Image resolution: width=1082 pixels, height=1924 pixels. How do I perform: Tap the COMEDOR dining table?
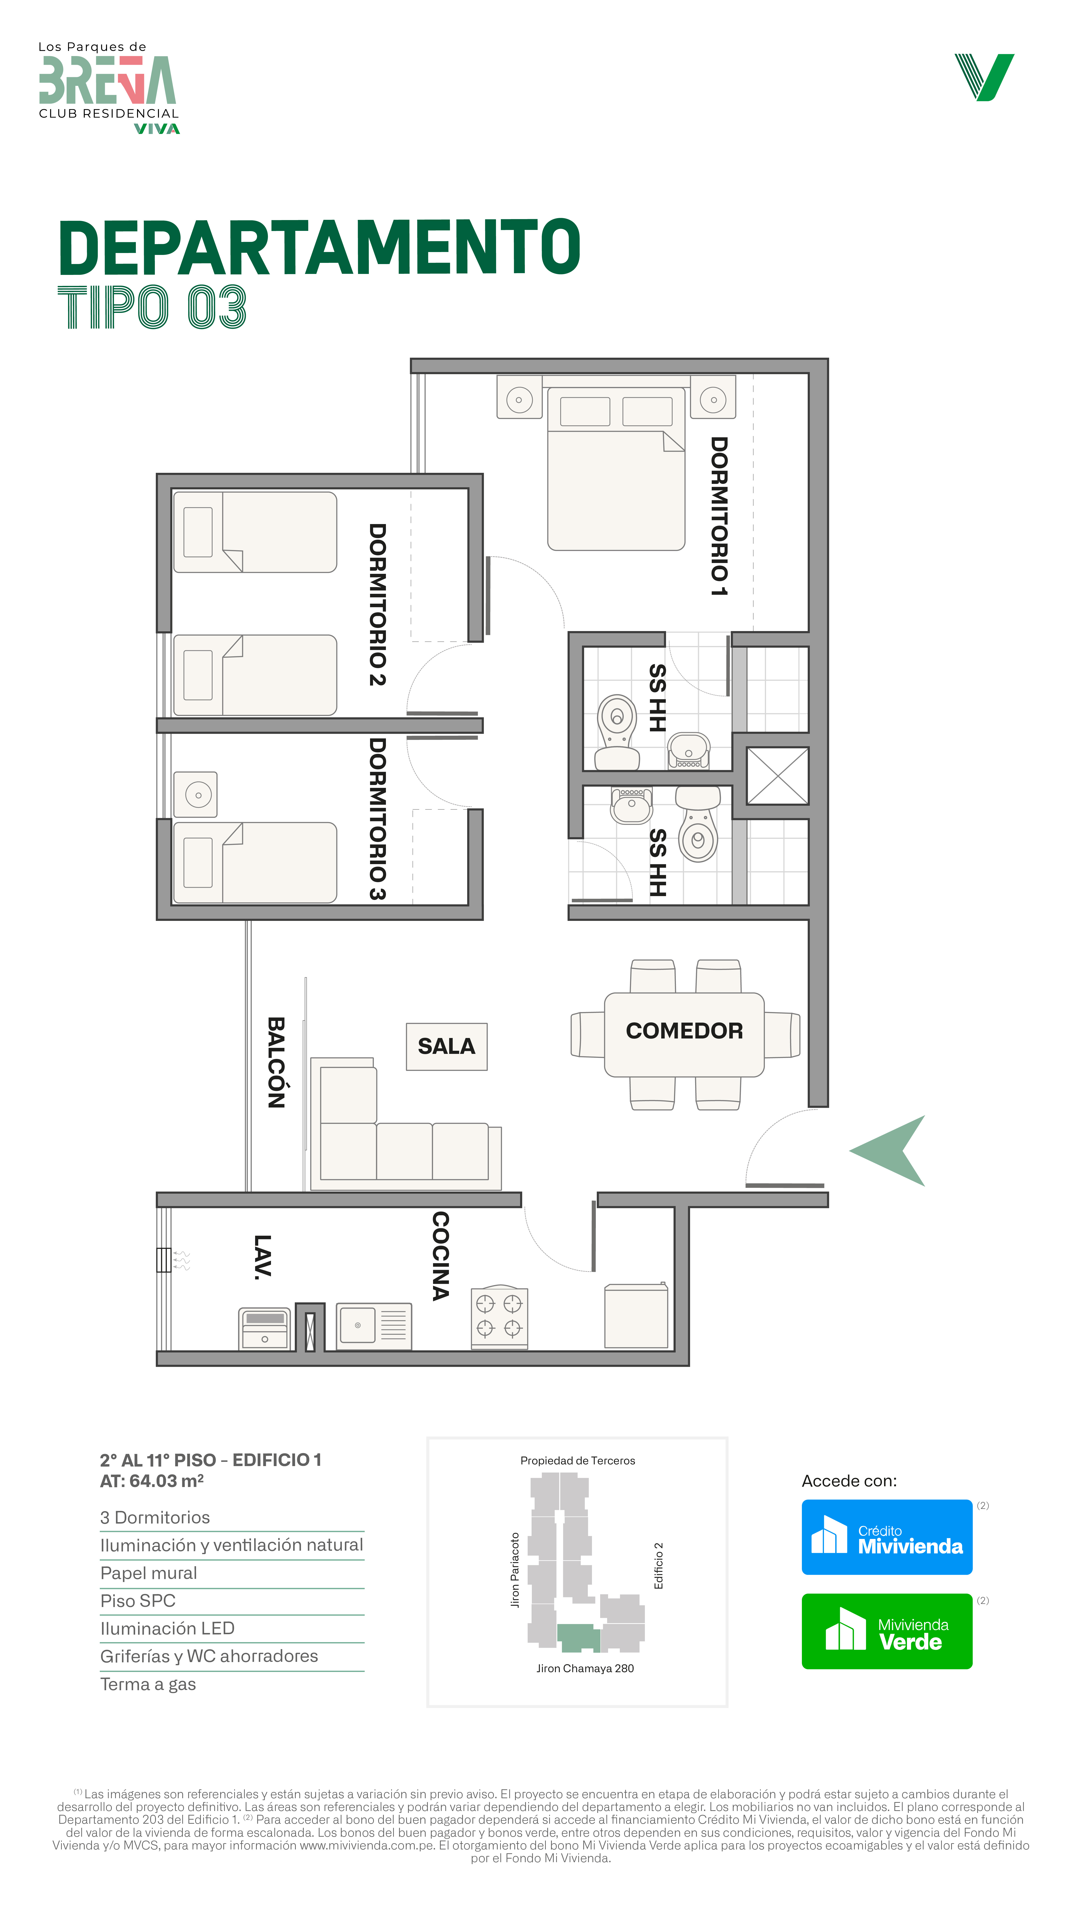pos(684,1034)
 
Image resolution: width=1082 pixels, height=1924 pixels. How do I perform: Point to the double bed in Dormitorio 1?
pos(616,468)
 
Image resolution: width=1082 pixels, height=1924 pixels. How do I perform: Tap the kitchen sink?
pos(373,1326)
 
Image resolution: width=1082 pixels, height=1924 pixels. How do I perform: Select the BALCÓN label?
pos(276,1062)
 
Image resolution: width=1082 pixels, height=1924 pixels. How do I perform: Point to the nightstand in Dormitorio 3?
pos(196,794)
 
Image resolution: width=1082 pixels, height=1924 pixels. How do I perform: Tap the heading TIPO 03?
pos(152,307)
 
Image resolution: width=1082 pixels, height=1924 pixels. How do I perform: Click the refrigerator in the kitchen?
pos(636,1316)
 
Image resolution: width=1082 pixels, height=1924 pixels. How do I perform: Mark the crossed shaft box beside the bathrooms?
pos(777,776)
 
